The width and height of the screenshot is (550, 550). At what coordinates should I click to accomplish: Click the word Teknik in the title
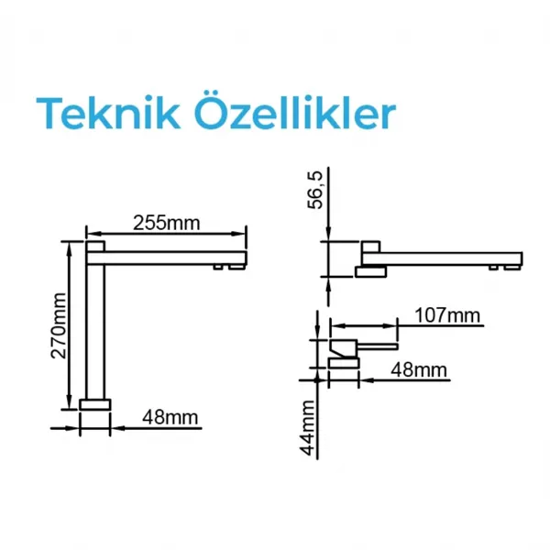[x=108, y=113]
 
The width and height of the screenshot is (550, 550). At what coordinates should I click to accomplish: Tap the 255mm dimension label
[x=166, y=223]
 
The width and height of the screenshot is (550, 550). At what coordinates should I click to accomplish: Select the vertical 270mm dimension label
[x=59, y=325]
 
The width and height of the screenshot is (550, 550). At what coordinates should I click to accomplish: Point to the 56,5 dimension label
[x=315, y=190]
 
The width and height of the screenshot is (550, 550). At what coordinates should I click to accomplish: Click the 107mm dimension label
[x=447, y=315]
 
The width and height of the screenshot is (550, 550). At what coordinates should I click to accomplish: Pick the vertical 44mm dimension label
[x=308, y=427]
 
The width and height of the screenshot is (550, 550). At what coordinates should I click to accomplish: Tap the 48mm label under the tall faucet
[x=170, y=417]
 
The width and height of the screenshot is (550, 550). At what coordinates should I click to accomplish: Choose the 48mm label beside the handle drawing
[x=419, y=369]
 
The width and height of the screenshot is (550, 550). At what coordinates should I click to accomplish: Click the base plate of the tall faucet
[x=95, y=404]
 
